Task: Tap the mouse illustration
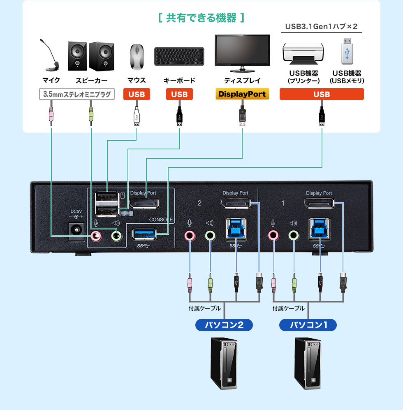(137, 56)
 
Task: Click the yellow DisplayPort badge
(242, 94)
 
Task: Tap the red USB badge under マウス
(137, 94)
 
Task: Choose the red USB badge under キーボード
(179, 94)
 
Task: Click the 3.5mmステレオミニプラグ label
(76, 94)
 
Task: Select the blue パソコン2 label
(224, 325)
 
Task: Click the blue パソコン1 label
(308, 325)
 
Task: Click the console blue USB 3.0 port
(144, 234)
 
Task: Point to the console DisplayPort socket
(145, 203)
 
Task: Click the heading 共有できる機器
(201, 18)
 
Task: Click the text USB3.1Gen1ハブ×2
(321, 26)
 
